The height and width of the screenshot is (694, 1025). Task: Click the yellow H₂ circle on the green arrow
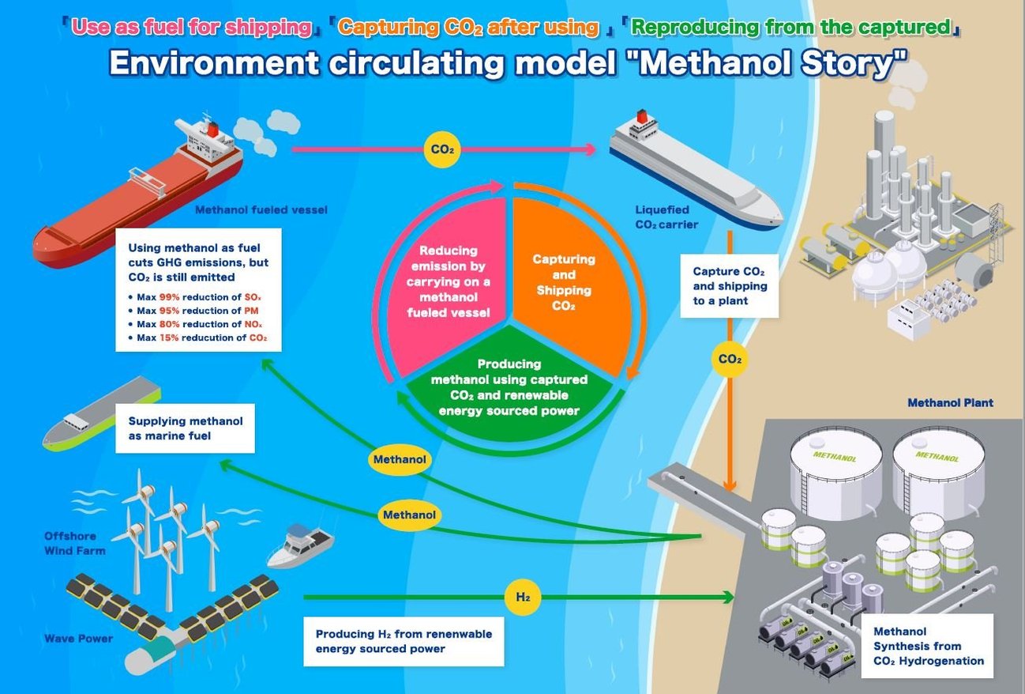point(523,597)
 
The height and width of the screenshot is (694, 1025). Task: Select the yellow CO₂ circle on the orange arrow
point(730,360)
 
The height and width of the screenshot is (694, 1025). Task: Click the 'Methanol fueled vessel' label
point(261,209)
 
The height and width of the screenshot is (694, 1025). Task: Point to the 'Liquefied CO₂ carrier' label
point(662,217)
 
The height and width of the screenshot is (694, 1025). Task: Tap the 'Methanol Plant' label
point(950,403)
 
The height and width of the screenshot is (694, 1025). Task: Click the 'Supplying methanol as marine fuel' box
point(185,428)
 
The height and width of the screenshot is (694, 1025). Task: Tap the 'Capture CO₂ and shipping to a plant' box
point(729,285)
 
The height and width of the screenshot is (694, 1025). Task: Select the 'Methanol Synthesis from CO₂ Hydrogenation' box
point(928,646)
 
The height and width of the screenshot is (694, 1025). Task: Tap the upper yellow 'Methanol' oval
point(400,459)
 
